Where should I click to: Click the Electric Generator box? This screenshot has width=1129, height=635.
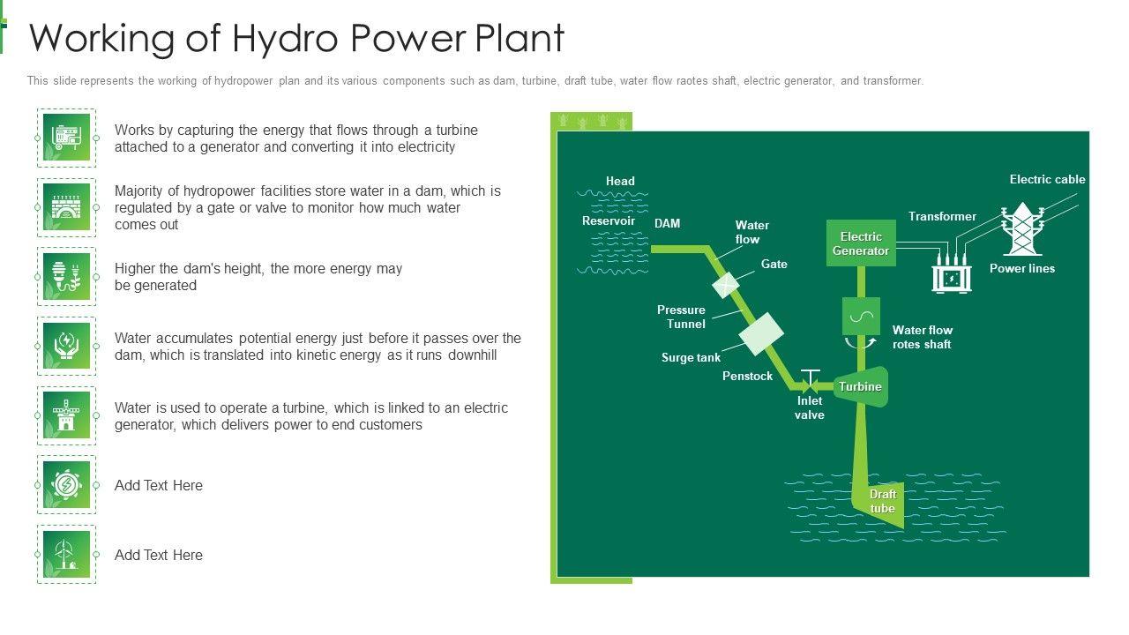pyautogui.click(x=861, y=243)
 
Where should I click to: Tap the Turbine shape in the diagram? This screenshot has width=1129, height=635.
pyautogui.click(x=860, y=386)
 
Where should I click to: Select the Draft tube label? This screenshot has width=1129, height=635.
pyautogui.click(x=882, y=501)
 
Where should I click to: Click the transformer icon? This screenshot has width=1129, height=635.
pyautogui.click(x=952, y=277)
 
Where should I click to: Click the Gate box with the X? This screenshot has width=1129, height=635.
pyautogui.click(x=725, y=284)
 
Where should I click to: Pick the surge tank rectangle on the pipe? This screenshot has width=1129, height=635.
pyautogui.click(x=761, y=334)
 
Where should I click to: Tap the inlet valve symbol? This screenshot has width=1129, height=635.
pyautogui.click(x=810, y=382)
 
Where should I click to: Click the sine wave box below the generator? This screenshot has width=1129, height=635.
pyautogui.click(x=861, y=316)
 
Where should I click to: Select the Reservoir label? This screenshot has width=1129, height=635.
pyautogui.click(x=608, y=220)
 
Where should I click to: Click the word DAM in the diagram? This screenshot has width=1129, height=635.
pyautogui.click(x=667, y=223)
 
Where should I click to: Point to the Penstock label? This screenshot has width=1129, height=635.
pyautogui.click(x=747, y=376)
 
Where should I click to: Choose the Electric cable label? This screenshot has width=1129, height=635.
pyautogui.click(x=1047, y=179)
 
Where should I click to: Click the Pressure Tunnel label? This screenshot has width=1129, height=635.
pyautogui.click(x=681, y=317)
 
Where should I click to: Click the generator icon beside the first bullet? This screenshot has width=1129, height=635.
pyautogui.click(x=66, y=138)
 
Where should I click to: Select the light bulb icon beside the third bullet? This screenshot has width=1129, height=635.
pyautogui.click(x=66, y=276)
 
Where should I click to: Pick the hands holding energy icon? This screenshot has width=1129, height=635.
pyautogui.click(x=66, y=346)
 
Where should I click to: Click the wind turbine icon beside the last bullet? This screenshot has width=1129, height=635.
pyautogui.click(x=66, y=554)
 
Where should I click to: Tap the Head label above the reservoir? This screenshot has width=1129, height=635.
pyautogui.click(x=620, y=181)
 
